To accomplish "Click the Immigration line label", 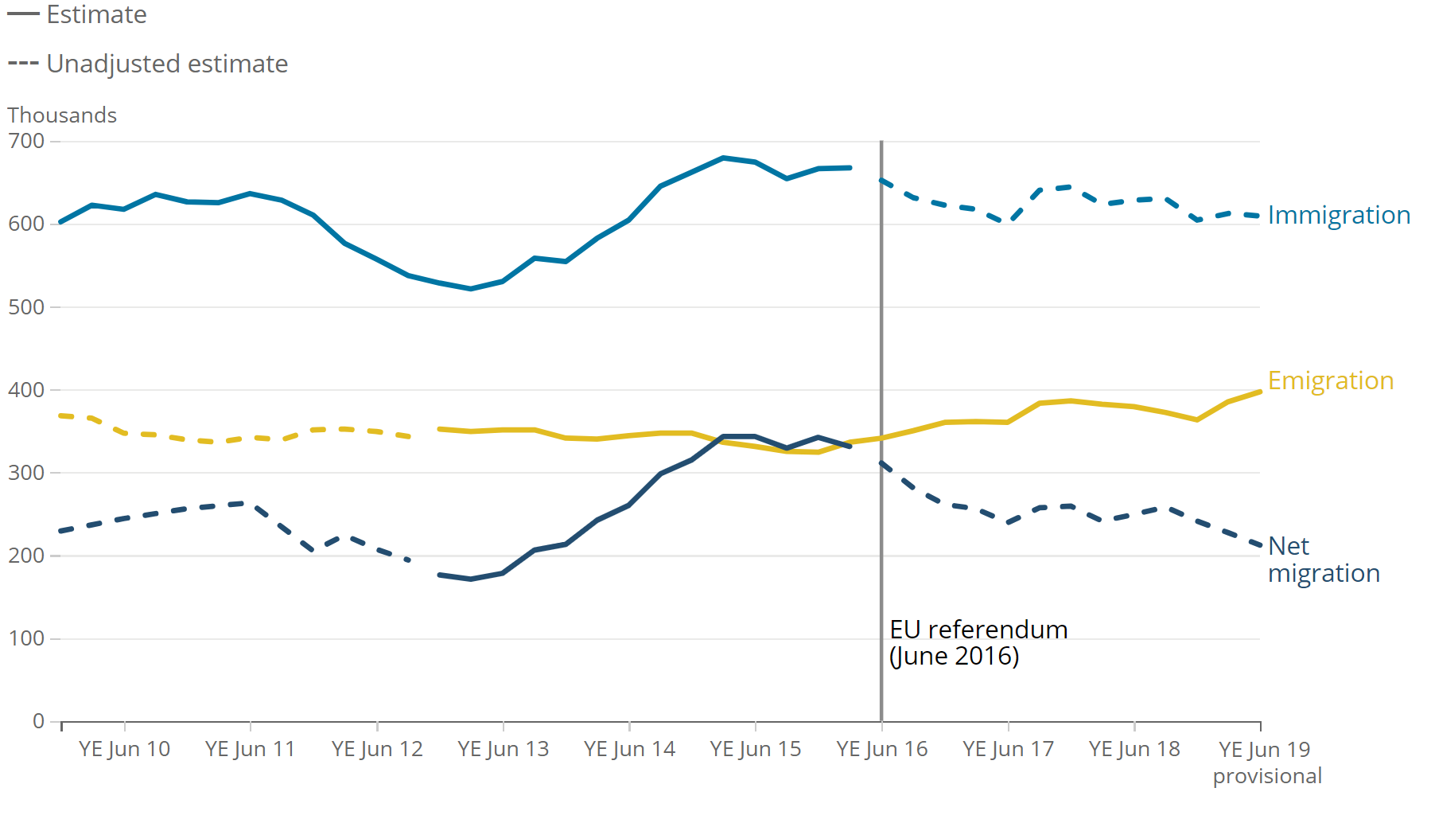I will (x=1338, y=215).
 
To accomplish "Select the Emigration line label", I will (x=1330, y=380).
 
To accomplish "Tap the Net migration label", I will (x=1323, y=560).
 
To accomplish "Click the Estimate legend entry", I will (x=77, y=14).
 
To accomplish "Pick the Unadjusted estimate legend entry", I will (x=148, y=64).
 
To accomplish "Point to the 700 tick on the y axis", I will (x=26, y=141).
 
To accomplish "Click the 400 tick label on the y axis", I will (x=26, y=390).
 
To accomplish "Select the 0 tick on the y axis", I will (x=38, y=721).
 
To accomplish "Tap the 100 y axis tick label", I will (x=26, y=638).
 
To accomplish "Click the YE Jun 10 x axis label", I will (x=124, y=749).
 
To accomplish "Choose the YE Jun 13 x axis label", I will (x=503, y=749).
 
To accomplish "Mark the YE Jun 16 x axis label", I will (x=881, y=749).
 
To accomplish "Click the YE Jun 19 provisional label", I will (x=1266, y=762).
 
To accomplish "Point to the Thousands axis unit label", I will (x=62, y=115).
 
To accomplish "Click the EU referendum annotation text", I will (x=978, y=642).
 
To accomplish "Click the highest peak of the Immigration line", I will (x=723, y=158).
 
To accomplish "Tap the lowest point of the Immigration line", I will (x=471, y=289).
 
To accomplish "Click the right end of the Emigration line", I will (x=1260, y=392).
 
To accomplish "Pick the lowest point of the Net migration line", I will (x=471, y=579).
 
